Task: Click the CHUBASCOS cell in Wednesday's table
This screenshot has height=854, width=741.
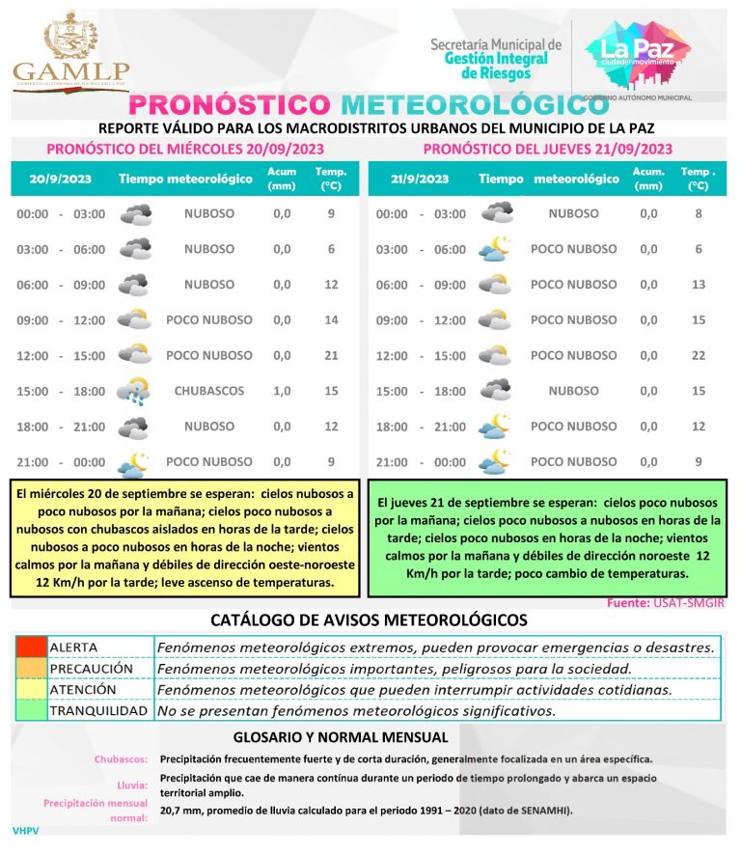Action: (209, 391)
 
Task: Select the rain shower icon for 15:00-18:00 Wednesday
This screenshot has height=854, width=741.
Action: (133, 391)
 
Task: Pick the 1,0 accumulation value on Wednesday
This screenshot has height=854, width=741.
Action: (282, 391)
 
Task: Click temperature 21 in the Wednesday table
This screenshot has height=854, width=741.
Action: (331, 355)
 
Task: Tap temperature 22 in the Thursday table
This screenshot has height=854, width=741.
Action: (699, 355)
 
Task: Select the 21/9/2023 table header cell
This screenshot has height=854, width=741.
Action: (420, 179)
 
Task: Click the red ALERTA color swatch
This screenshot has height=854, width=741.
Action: (30, 647)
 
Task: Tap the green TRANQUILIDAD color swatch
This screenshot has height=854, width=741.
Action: (30, 711)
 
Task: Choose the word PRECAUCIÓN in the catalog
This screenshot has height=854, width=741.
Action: (91, 668)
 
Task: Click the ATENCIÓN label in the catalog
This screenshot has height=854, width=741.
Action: (83, 690)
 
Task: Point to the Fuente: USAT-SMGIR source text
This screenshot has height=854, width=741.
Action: (666, 602)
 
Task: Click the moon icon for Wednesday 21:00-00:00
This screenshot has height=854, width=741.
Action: (133, 462)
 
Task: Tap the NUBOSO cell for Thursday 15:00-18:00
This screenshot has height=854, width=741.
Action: (573, 391)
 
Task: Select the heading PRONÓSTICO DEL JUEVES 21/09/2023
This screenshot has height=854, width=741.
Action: (547, 149)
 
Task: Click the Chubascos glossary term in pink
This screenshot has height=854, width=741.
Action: (121, 758)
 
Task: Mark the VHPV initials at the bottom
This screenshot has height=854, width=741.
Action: (25, 830)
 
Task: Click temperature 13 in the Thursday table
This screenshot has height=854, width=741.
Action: (699, 285)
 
